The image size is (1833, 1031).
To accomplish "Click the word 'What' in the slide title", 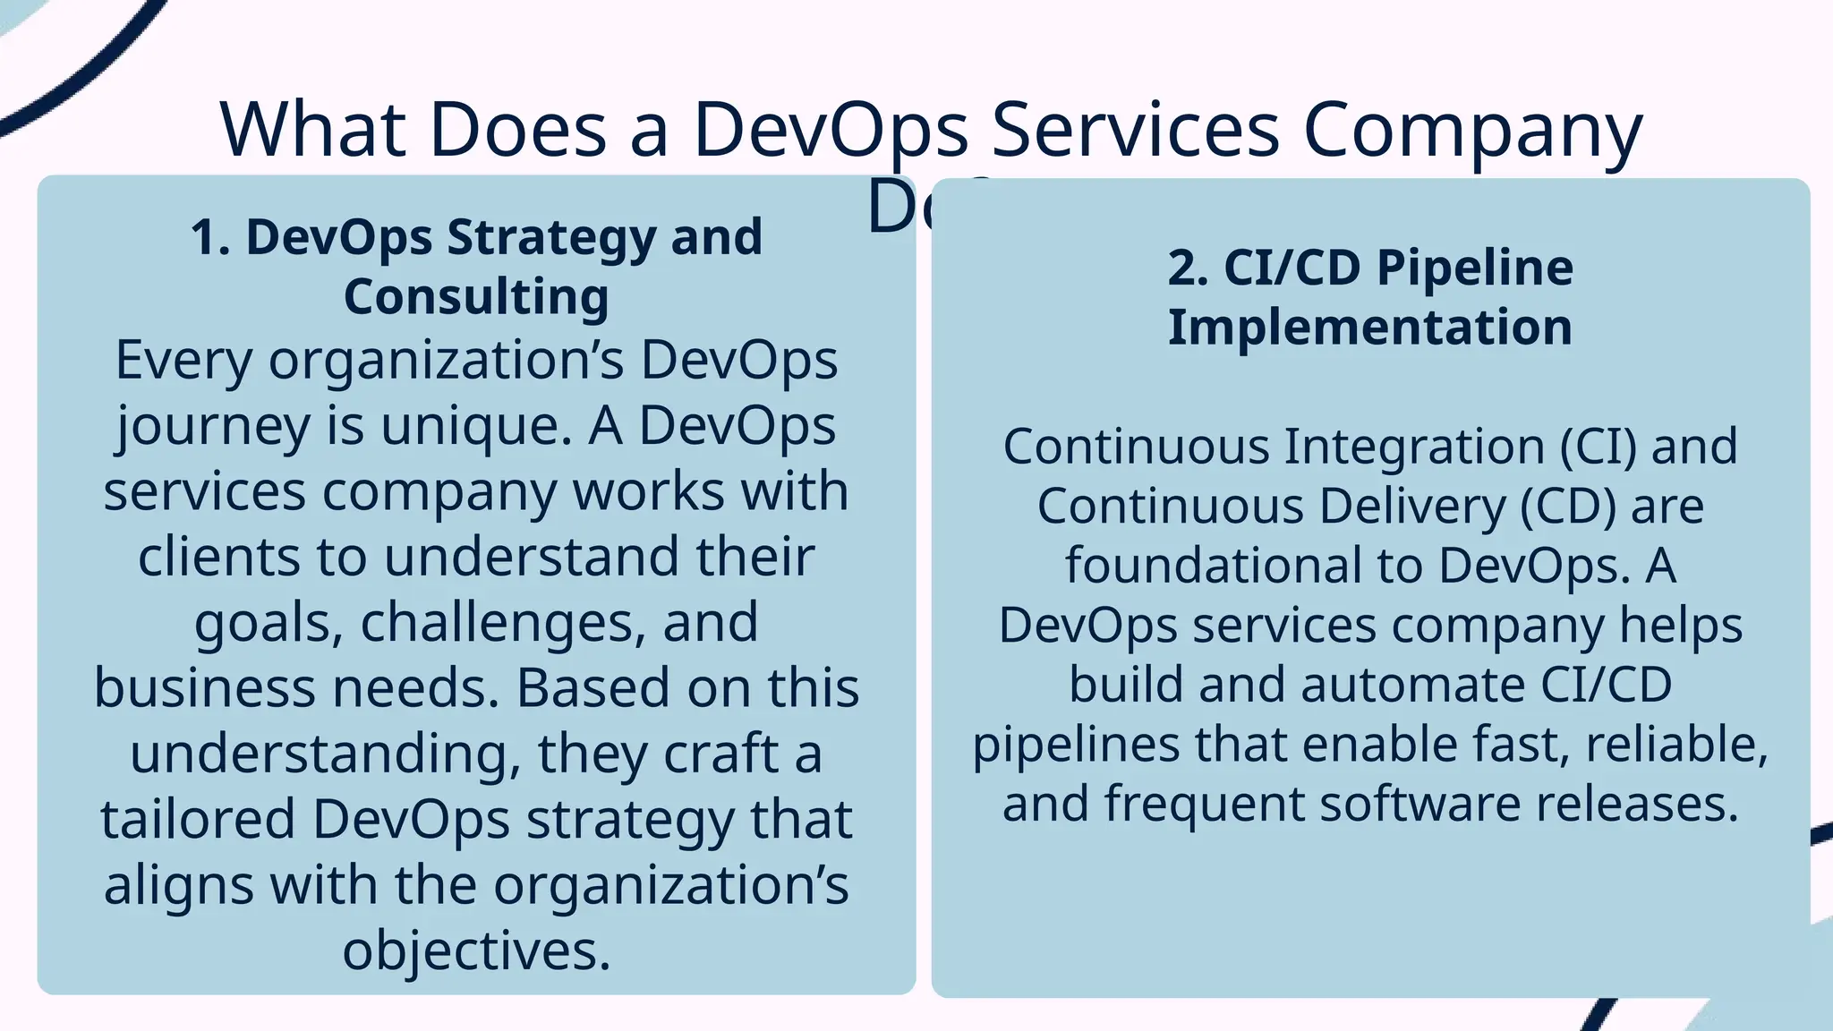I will (x=313, y=130).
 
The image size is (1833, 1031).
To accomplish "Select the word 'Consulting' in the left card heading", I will (x=476, y=296).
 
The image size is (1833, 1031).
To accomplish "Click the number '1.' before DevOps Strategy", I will (x=211, y=238).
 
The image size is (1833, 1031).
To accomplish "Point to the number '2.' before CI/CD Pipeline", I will (x=1188, y=268).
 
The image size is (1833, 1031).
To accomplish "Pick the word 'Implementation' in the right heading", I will (x=1369, y=327).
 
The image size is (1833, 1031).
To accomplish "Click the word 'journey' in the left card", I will (x=213, y=426).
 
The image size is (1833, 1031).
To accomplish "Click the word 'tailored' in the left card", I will (x=197, y=819).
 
